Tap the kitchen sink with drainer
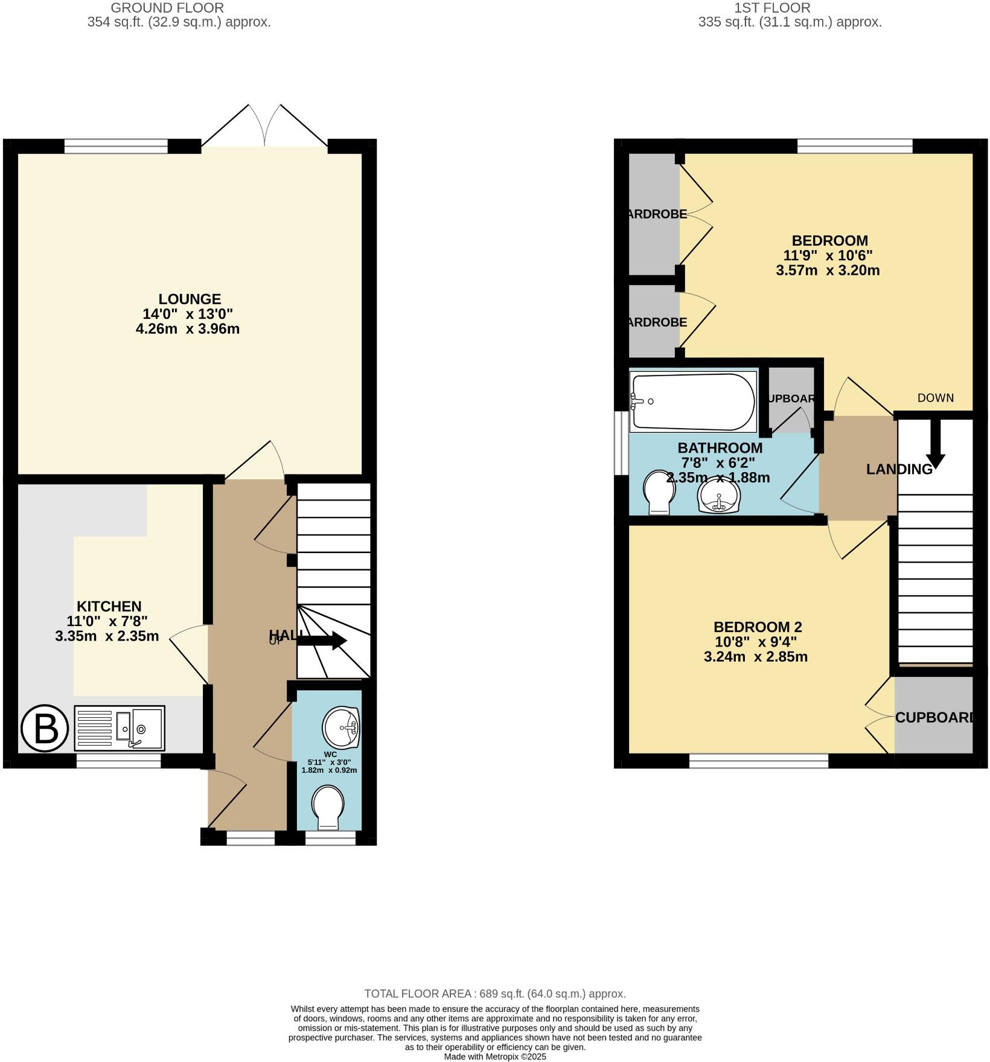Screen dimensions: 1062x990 tap(120, 728)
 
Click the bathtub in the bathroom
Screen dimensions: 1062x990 tap(692, 402)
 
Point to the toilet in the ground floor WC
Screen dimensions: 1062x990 tap(328, 807)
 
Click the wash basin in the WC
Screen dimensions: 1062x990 tap(340, 728)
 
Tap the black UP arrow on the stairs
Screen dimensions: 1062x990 tap(322, 641)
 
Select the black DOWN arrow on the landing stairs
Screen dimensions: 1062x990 tap(934, 444)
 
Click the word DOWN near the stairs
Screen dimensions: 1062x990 tap(935, 398)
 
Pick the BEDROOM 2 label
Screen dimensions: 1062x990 tap(757, 627)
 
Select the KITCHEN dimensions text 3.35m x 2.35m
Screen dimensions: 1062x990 tap(107, 636)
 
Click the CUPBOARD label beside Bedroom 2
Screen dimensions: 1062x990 tap(934, 717)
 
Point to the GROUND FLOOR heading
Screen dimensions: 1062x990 tap(167, 8)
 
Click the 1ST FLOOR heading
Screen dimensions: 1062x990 tap(771, 8)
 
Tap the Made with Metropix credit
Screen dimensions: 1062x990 tap(494, 1057)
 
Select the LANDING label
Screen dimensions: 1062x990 tap(899, 469)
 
